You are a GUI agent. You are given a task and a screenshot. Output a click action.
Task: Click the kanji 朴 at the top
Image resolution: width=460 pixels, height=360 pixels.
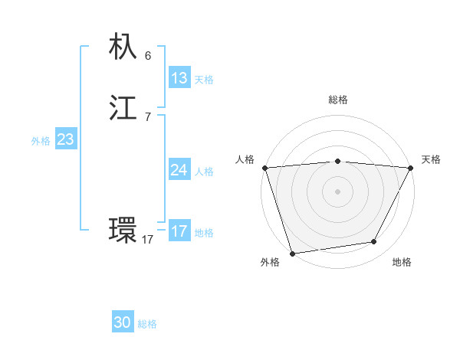(x=123, y=47)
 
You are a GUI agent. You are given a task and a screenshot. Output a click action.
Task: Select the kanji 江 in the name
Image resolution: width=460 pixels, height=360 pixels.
(x=123, y=109)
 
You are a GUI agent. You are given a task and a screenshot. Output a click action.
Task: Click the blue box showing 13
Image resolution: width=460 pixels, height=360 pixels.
(x=179, y=78)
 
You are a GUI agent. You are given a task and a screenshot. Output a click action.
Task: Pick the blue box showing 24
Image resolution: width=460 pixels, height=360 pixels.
(x=179, y=170)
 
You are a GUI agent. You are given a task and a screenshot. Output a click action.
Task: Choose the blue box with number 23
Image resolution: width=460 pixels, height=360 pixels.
(x=66, y=139)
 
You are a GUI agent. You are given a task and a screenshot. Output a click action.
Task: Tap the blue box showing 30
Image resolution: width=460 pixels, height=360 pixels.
(x=123, y=322)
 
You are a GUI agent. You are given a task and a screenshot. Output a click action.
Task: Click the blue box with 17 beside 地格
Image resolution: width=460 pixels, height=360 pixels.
(x=179, y=231)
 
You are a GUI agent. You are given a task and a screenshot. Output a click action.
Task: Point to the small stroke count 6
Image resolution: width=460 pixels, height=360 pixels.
(x=148, y=56)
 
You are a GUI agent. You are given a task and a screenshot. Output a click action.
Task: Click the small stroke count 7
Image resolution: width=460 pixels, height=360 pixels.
(x=148, y=117)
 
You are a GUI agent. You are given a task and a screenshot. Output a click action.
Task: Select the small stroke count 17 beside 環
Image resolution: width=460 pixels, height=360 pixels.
(x=147, y=240)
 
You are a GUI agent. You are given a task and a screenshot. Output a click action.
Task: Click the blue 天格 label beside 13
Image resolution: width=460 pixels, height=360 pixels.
(x=204, y=80)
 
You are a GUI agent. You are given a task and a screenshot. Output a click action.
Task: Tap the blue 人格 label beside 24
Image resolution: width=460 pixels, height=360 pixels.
(x=204, y=172)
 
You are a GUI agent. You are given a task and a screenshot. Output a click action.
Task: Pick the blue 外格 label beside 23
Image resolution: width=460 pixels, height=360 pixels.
(x=41, y=141)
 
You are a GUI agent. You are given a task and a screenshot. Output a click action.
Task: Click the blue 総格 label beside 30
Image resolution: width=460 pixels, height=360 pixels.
(x=147, y=324)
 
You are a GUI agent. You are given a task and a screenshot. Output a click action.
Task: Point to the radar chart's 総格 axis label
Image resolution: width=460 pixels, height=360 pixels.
(x=338, y=100)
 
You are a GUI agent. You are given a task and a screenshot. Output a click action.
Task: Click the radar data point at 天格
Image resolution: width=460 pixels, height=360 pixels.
(x=412, y=168)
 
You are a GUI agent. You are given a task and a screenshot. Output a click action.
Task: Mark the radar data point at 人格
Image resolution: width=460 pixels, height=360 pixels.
(x=264, y=168)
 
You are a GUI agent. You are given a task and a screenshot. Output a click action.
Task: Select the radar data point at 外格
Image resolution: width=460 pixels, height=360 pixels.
(x=292, y=253)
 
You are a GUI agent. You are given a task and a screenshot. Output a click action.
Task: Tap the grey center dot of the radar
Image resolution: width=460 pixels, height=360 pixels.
(x=338, y=191)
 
